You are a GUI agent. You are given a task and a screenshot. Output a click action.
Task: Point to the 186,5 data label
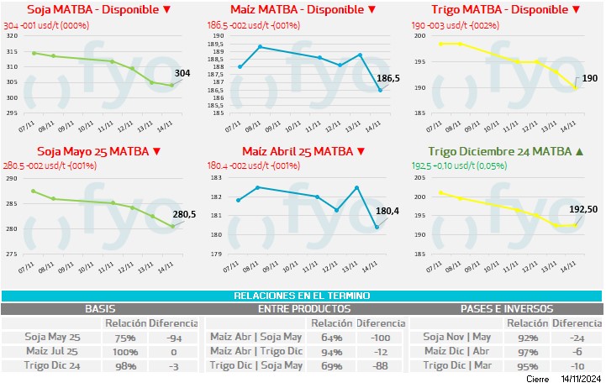[388, 78]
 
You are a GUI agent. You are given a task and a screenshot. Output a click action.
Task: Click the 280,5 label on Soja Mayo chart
[184, 214]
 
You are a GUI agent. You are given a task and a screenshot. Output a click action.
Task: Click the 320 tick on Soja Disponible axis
[12, 36]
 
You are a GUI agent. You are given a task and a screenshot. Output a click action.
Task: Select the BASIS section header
[100, 309]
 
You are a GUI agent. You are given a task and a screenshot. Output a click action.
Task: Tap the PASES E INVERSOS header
[506, 309]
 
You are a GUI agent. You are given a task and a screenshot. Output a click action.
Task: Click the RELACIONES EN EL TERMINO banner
[303, 296]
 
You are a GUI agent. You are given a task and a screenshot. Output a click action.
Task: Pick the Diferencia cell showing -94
[174, 337]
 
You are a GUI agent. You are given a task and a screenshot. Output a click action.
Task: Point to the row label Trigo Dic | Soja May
[256, 365]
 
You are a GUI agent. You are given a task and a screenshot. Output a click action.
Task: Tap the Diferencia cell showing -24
[578, 337]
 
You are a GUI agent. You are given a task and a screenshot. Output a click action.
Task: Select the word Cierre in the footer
[538, 380]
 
